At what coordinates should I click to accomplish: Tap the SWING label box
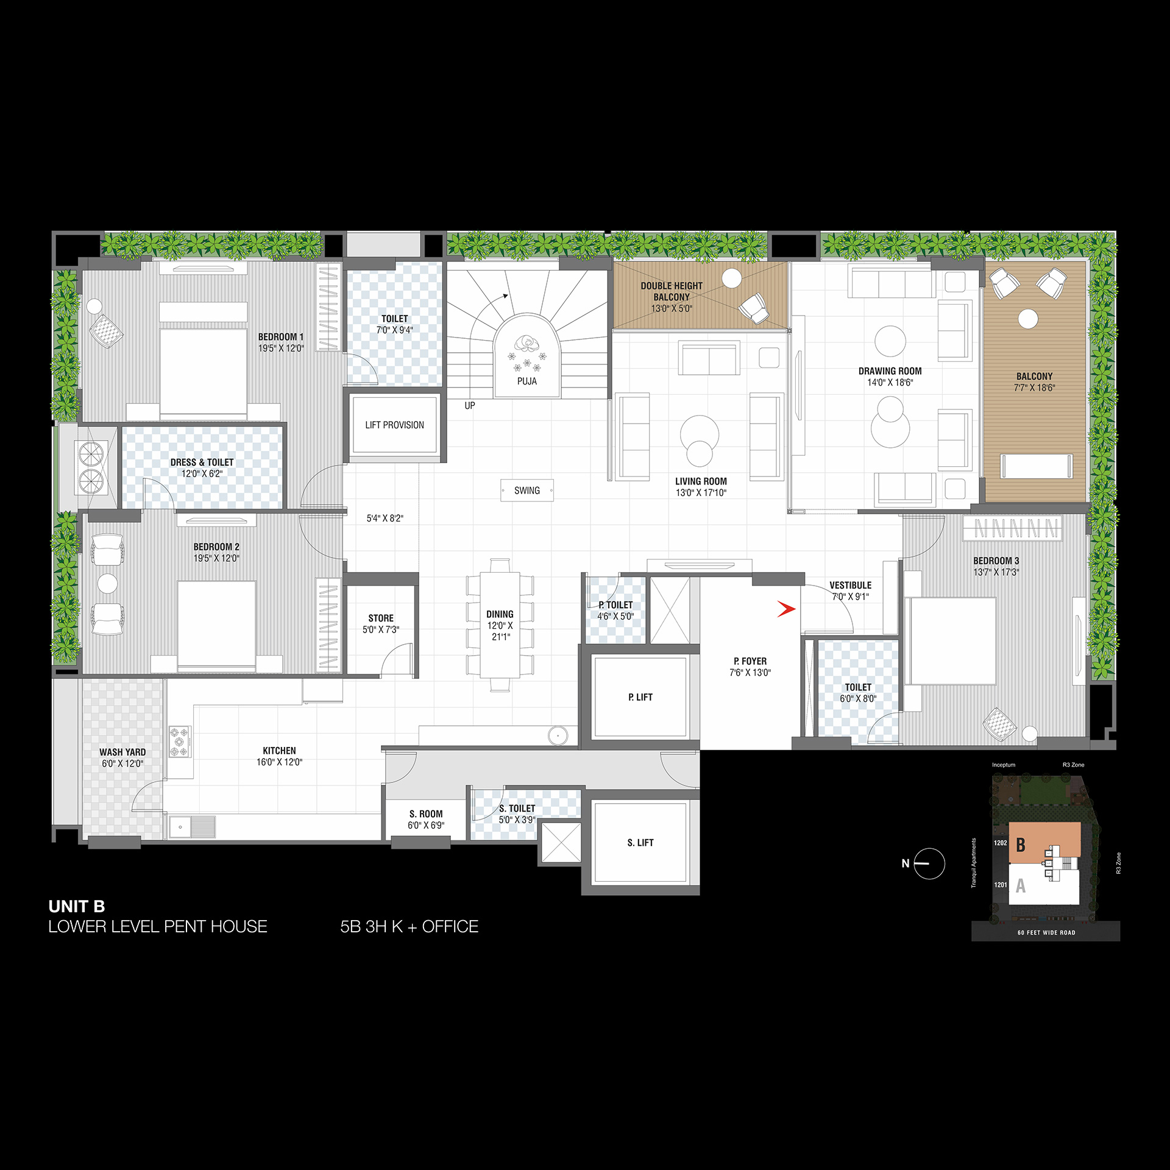point(527,491)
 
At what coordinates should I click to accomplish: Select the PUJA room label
point(527,381)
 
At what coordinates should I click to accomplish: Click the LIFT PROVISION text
point(395,425)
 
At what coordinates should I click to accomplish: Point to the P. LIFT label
point(640,697)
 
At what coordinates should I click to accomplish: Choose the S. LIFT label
point(640,843)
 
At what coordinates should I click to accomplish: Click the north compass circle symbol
point(929,863)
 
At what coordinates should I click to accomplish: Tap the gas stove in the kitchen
point(180,742)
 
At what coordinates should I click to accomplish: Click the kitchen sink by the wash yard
point(192,827)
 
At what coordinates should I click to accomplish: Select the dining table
point(500,625)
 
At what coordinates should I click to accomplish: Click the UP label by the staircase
point(470,405)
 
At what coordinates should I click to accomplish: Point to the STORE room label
point(381,619)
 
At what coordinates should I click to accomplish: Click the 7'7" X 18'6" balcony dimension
point(1035,388)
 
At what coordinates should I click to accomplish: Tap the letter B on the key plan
point(1021,845)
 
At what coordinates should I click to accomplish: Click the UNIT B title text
point(77,906)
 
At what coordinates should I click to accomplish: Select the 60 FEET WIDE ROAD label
point(1046,933)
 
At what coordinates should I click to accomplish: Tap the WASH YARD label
point(122,753)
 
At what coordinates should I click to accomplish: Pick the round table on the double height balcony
point(732,278)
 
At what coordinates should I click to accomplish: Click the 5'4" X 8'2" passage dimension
point(385,519)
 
